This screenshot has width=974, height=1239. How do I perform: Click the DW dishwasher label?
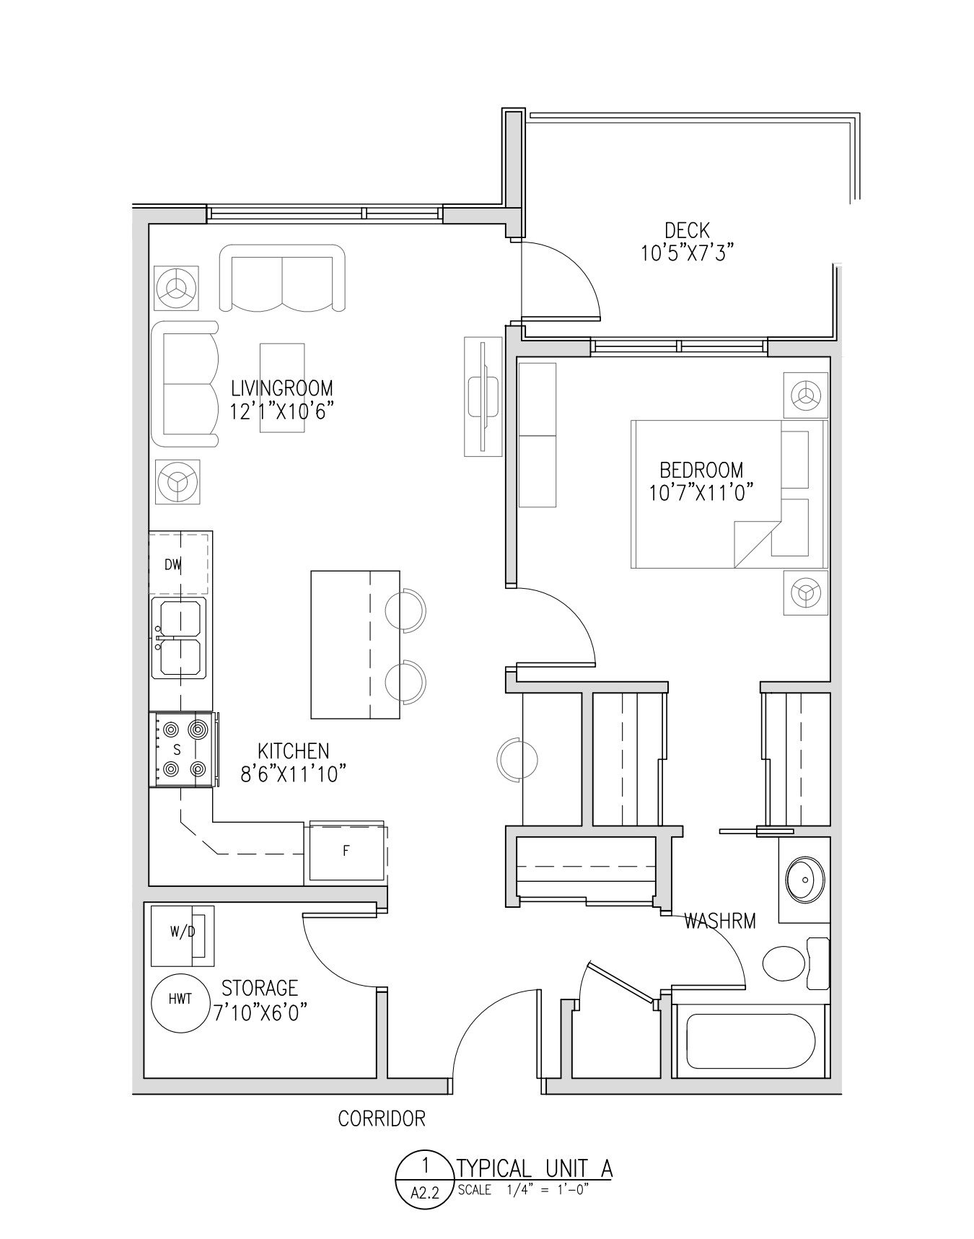click(172, 565)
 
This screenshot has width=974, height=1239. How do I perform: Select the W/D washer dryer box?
click(183, 936)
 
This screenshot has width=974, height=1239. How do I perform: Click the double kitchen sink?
click(179, 638)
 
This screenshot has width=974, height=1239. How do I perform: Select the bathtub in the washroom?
click(750, 1041)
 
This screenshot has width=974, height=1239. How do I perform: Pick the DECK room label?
click(687, 231)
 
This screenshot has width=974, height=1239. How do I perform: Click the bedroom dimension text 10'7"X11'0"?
click(701, 493)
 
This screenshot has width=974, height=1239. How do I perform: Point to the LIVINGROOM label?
click(282, 388)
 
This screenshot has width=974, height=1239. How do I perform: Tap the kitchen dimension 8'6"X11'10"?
click(294, 774)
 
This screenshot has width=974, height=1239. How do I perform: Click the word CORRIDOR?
click(382, 1118)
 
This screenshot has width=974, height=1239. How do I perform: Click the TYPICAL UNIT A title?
click(535, 1168)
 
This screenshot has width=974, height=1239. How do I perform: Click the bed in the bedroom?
click(729, 494)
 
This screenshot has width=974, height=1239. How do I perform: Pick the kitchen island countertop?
click(355, 644)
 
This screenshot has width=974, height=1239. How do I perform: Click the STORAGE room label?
click(260, 987)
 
